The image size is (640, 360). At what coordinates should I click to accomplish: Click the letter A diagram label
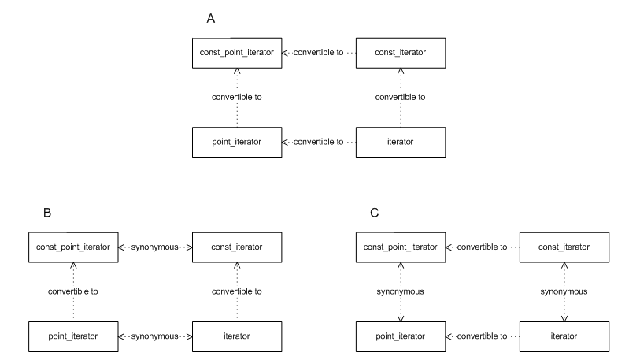pyautogui.click(x=211, y=18)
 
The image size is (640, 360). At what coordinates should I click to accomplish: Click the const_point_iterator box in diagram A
pyautogui.click(x=236, y=52)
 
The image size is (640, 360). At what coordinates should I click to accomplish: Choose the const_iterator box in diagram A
pyautogui.click(x=401, y=52)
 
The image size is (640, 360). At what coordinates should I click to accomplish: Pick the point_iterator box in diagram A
pyautogui.click(x=236, y=142)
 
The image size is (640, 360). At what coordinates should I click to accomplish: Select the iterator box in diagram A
pyautogui.click(x=401, y=142)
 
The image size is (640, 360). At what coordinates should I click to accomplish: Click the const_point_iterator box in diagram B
pyautogui.click(x=72, y=247)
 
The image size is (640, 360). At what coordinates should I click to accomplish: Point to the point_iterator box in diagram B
pyautogui.click(x=72, y=336)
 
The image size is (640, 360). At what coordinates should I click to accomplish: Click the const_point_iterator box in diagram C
pyautogui.click(x=401, y=247)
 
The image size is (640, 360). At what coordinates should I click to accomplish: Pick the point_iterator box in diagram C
pyautogui.click(x=401, y=336)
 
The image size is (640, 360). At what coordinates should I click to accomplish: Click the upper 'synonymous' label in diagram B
pyautogui.click(x=155, y=247)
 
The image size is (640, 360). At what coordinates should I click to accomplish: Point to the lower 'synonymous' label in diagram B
pyautogui.click(x=155, y=336)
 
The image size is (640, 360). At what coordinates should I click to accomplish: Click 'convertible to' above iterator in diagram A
pyautogui.click(x=400, y=98)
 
